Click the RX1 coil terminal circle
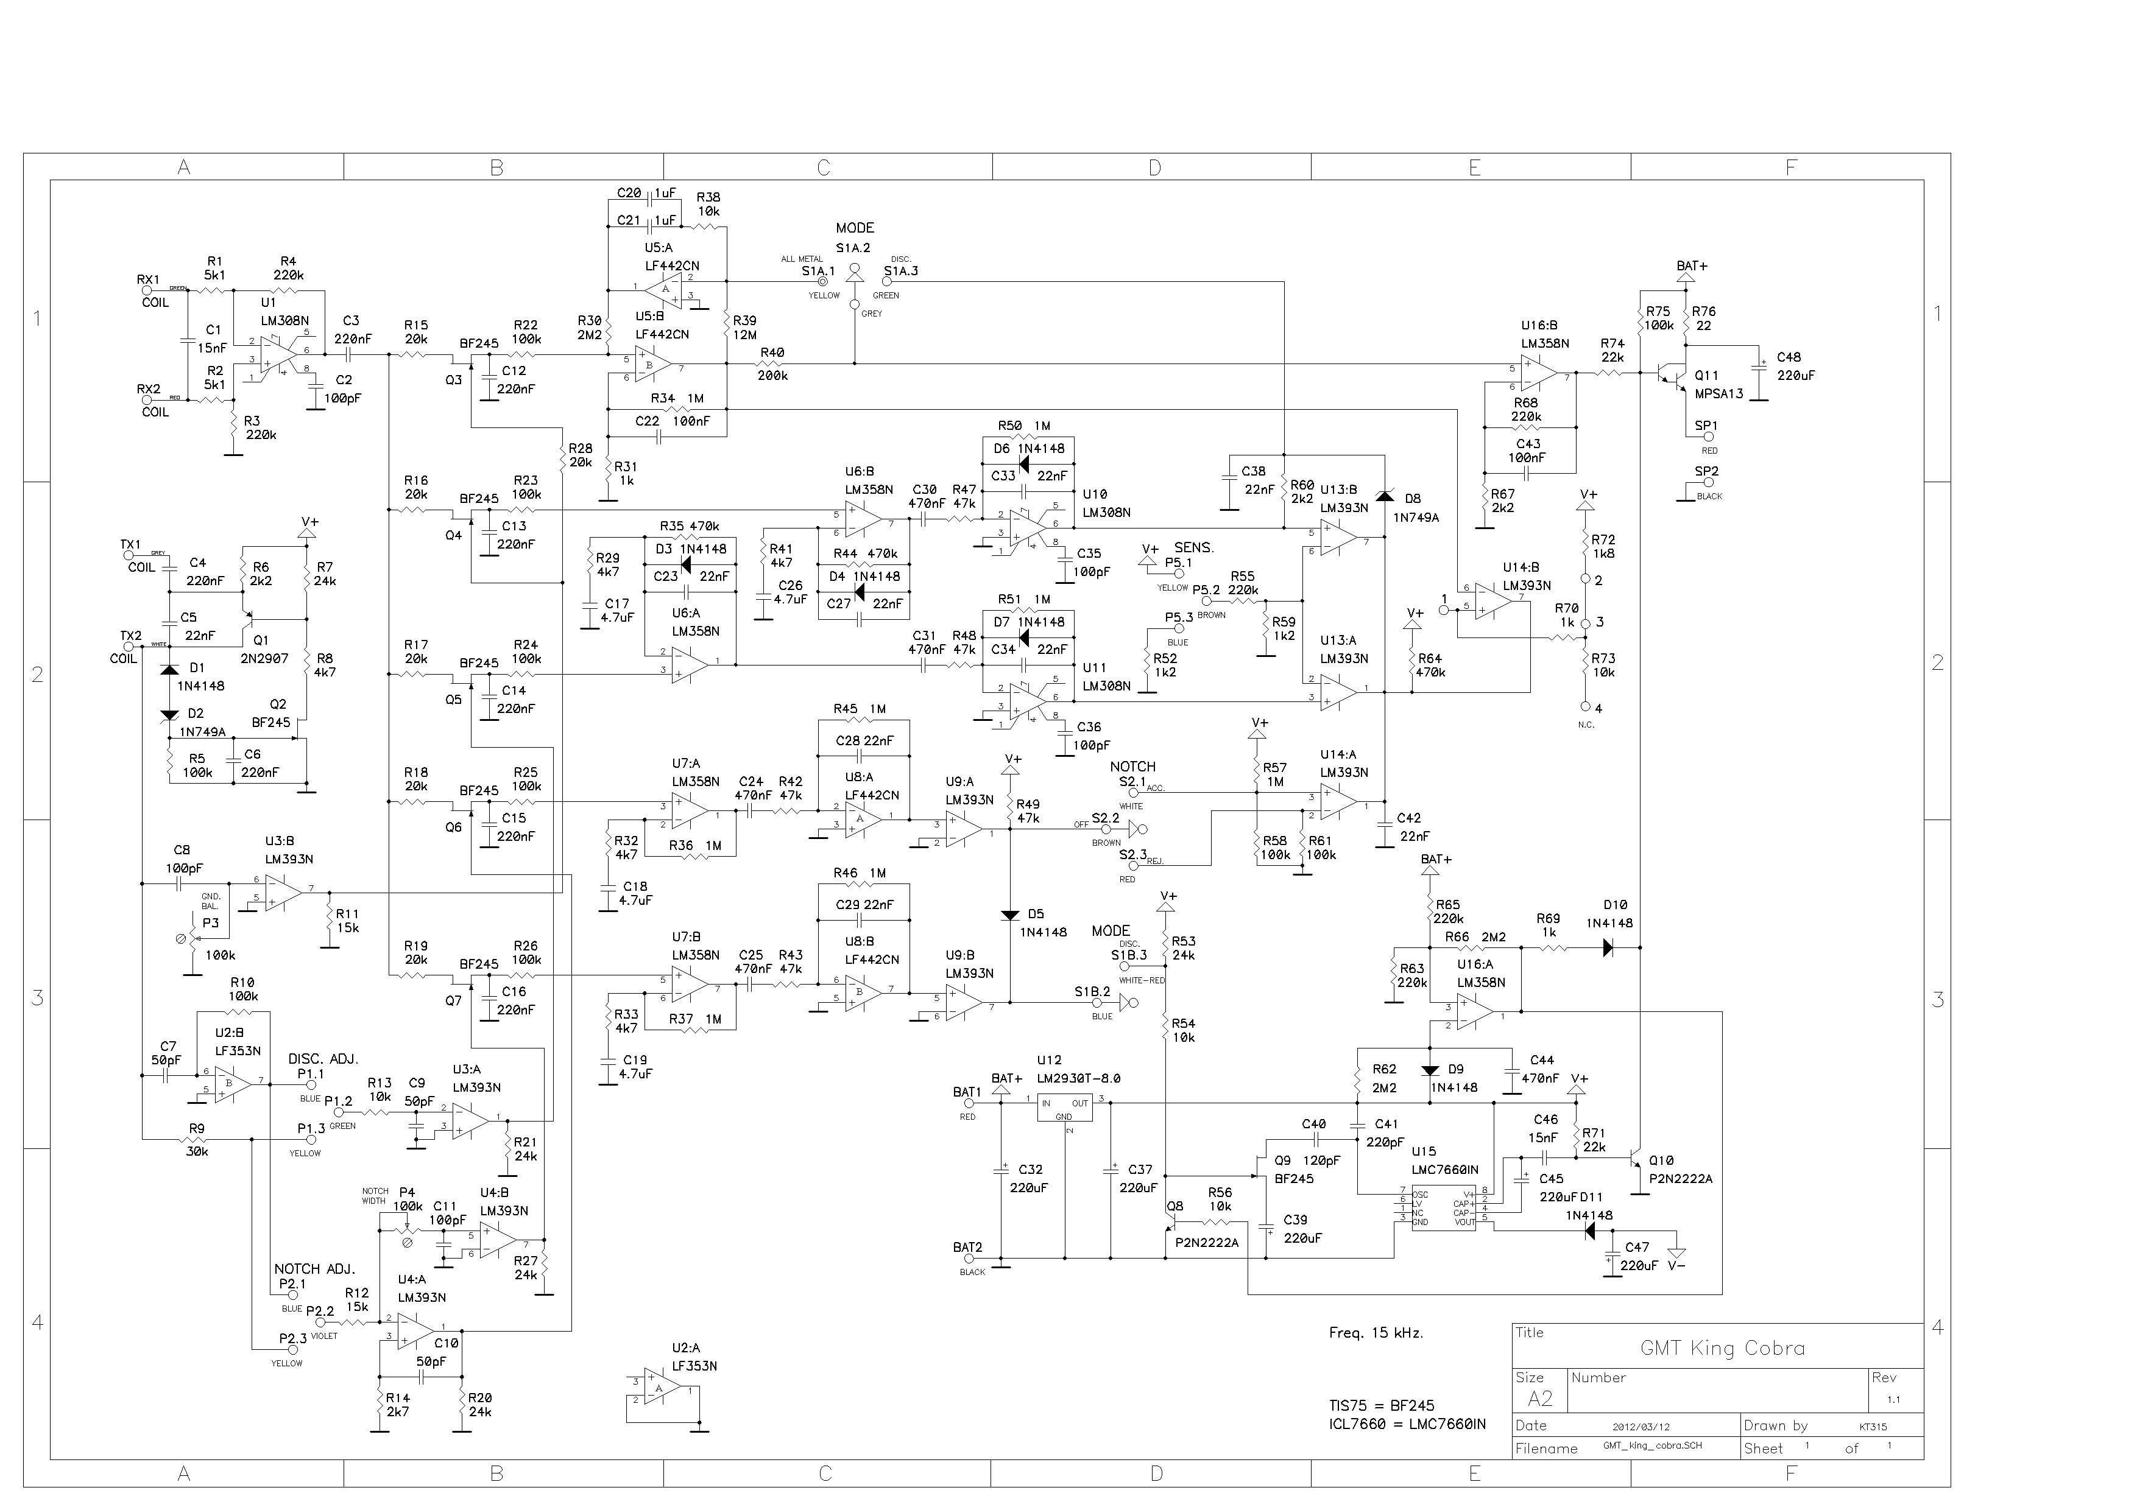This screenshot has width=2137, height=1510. point(146,290)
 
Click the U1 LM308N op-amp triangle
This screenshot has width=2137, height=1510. point(275,354)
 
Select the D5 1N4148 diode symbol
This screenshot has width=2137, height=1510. point(1010,916)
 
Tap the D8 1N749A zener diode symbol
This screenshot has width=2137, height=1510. point(1384,496)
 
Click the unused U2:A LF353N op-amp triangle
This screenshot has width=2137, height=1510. point(659,1389)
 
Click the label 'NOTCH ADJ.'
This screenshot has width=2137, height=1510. point(314,1269)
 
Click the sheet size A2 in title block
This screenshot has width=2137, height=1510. point(1541,1399)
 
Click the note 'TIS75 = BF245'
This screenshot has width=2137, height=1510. point(1381,1406)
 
